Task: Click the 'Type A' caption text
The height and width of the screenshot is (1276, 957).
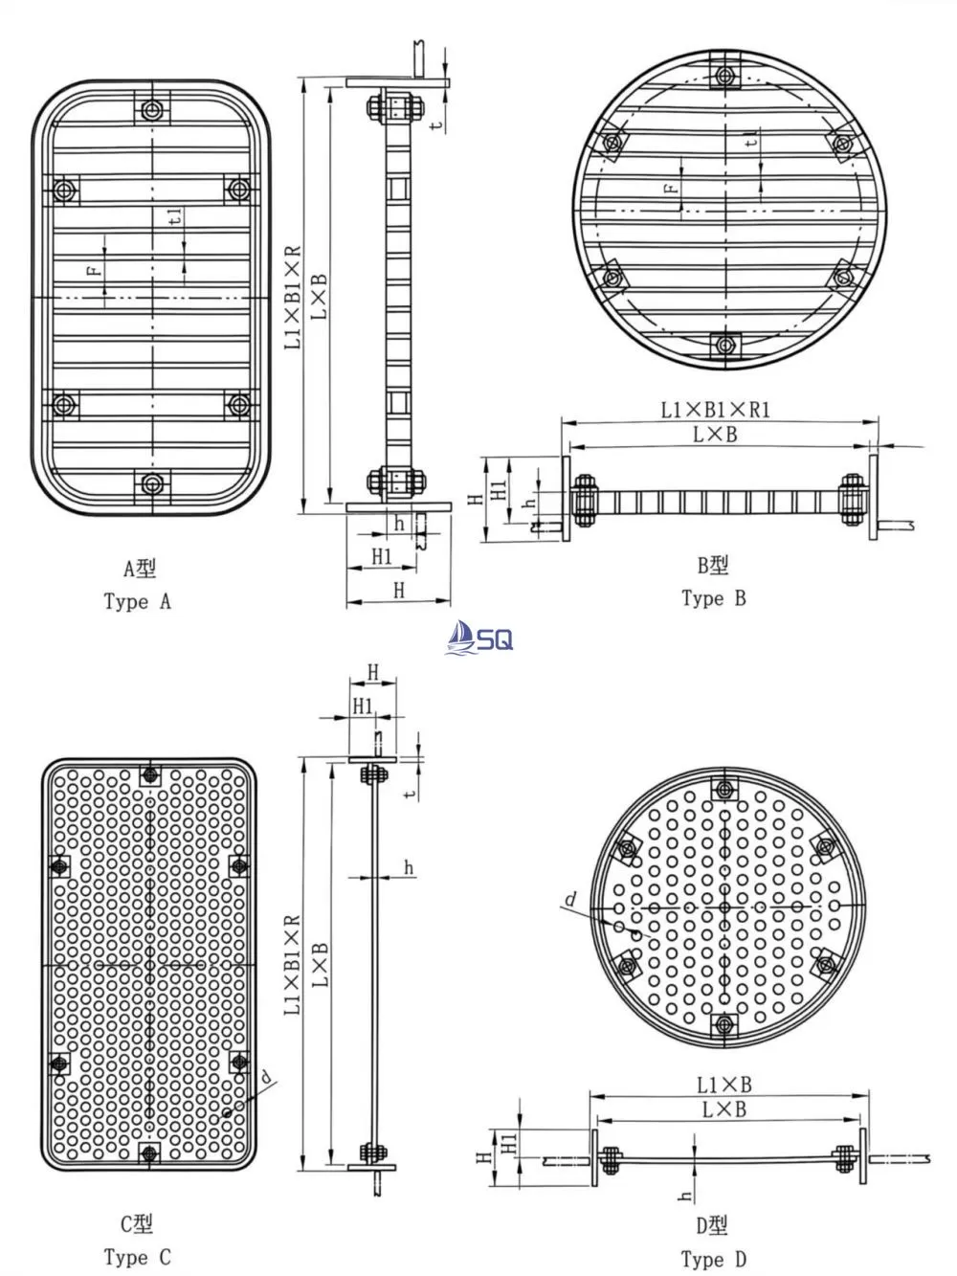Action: [x=137, y=602]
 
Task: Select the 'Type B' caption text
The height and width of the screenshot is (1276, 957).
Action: [x=713, y=598]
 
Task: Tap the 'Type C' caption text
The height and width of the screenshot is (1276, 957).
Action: [x=137, y=1257]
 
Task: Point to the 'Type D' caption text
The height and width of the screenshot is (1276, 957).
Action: [x=713, y=1259]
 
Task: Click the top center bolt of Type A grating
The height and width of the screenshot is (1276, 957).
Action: [x=151, y=110]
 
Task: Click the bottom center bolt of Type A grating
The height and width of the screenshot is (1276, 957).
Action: [x=151, y=483]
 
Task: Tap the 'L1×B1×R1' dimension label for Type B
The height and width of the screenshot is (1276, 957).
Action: [x=716, y=410]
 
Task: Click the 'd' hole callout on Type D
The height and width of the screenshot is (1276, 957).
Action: [x=570, y=899]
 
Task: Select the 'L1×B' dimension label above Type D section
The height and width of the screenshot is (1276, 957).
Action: [x=723, y=1085]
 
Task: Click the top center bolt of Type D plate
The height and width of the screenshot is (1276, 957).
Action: [x=724, y=791]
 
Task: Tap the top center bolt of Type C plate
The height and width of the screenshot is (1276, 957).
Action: [x=148, y=774]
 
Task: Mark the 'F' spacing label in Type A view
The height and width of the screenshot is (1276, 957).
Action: [x=94, y=271]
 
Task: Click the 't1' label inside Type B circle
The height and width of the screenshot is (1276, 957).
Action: [x=752, y=140]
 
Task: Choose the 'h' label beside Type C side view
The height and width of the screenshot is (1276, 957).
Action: [x=409, y=868]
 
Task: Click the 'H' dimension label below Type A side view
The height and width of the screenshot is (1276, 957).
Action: [x=398, y=591]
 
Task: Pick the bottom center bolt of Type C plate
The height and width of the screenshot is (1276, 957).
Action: [x=148, y=1153]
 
